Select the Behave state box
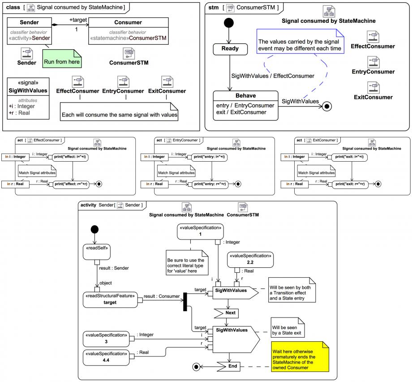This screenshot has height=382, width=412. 246,105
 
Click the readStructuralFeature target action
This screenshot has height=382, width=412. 110,300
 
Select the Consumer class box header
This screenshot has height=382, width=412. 129,22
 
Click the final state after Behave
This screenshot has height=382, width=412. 327,106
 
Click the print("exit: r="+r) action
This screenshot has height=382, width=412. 350,184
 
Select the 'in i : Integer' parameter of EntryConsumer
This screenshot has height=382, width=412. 154,157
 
